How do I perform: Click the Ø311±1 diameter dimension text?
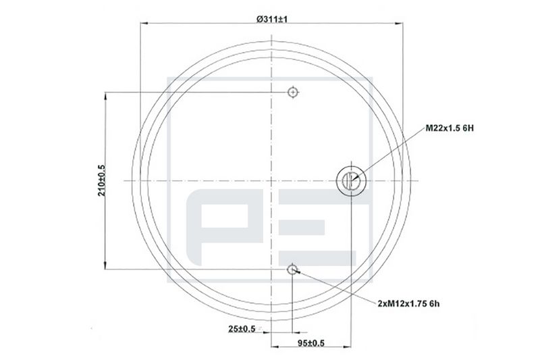(x=272, y=19)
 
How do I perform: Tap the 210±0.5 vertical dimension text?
(x=102, y=181)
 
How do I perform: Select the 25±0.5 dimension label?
(x=242, y=329)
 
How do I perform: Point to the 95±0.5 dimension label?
(x=311, y=343)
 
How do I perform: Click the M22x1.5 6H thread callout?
(x=450, y=128)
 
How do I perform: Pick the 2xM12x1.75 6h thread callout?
(x=408, y=303)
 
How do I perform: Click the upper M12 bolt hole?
(x=293, y=93)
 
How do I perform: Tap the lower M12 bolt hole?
(x=292, y=269)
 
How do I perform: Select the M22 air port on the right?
(x=351, y=181)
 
